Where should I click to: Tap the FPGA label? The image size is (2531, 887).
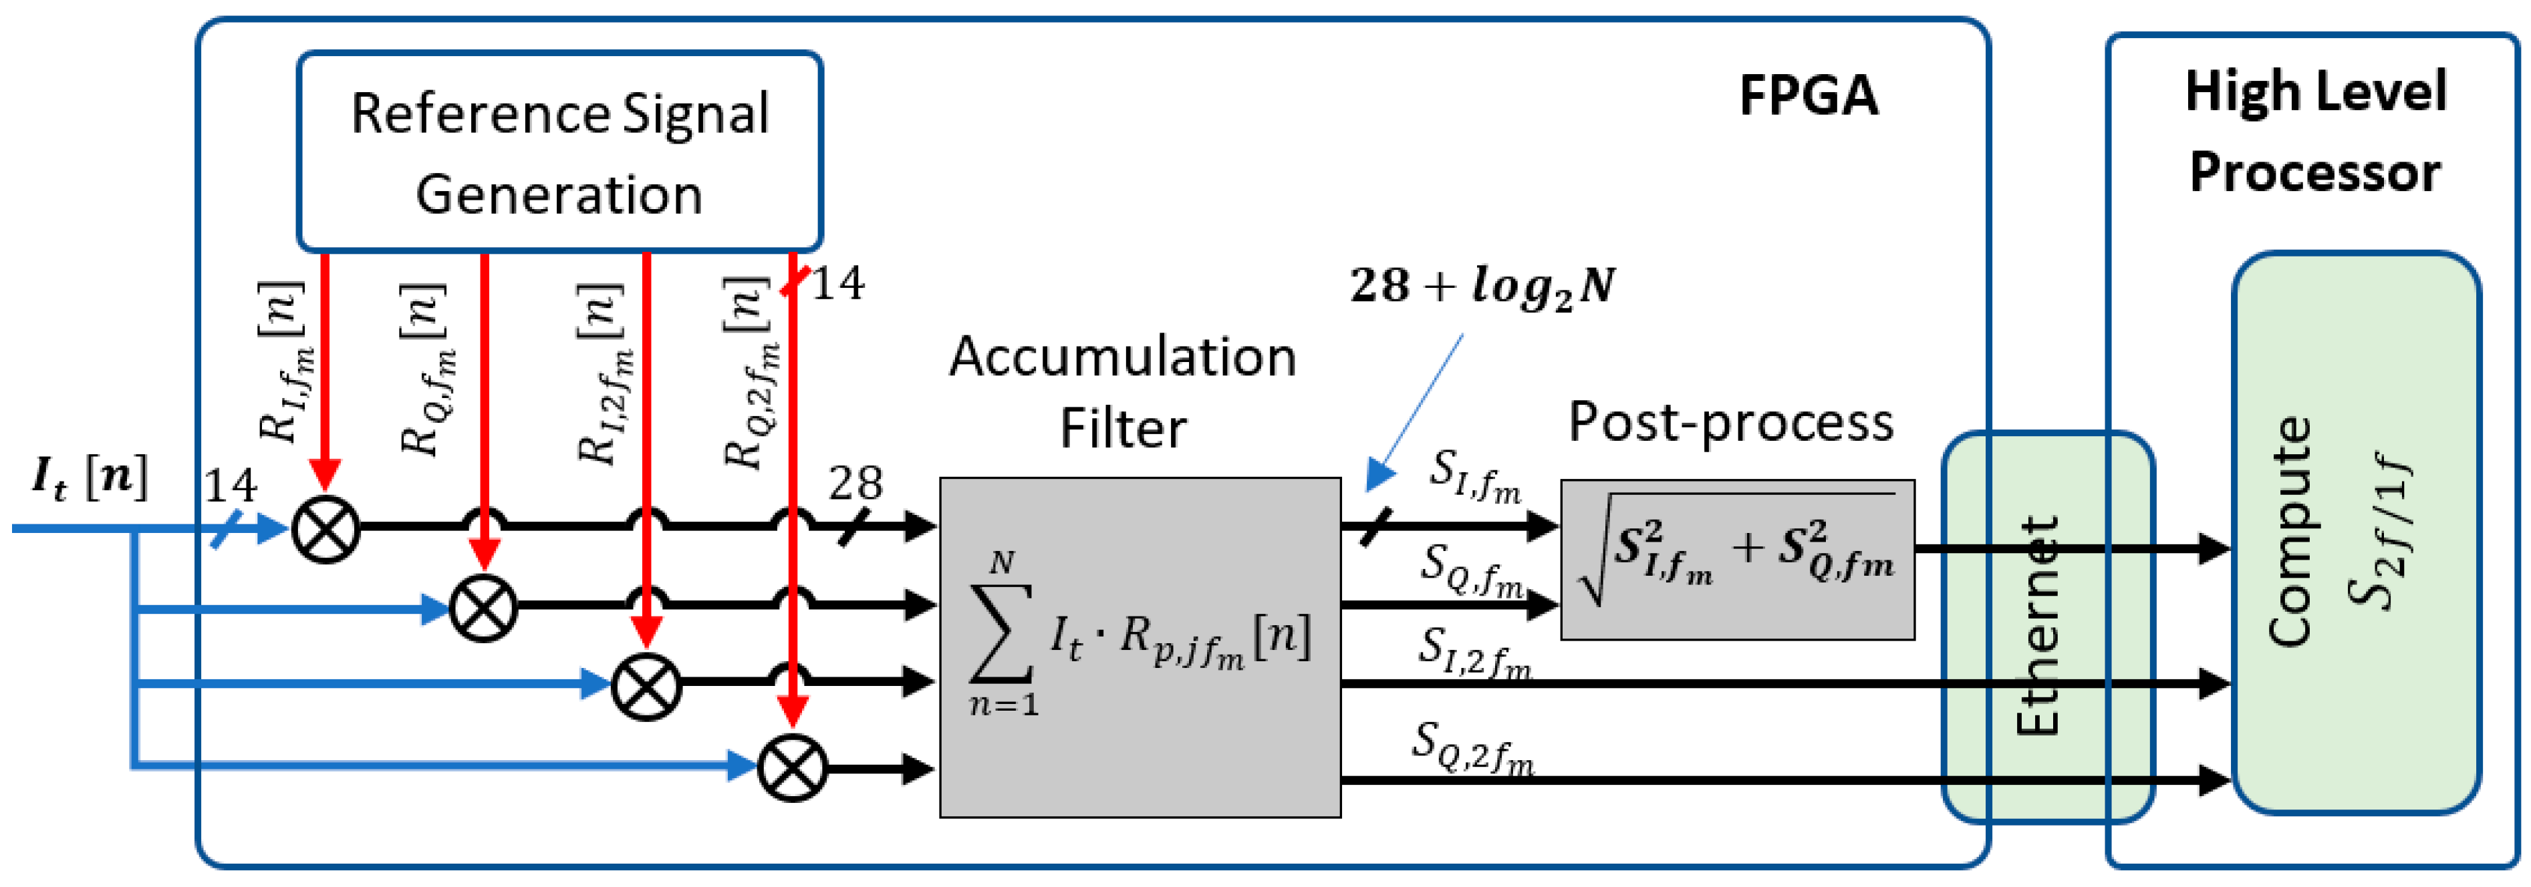coord(1808,96)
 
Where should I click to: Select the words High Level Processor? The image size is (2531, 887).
coord(2315,132)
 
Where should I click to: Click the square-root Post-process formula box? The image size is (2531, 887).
coord(1736,560)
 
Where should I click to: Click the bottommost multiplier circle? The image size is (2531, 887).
coord(792,768)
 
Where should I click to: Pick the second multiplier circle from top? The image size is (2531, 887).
coord(483,608)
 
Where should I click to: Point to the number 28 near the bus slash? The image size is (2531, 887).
coord(855,482)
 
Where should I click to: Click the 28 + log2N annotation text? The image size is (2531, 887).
coord(1482,287)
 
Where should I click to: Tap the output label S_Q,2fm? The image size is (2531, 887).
coord(1471,747)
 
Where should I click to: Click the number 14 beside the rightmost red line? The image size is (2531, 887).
coord(838,284)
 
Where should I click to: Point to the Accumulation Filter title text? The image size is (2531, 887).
coord(1122,391)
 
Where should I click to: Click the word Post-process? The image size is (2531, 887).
coord(1730,422)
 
